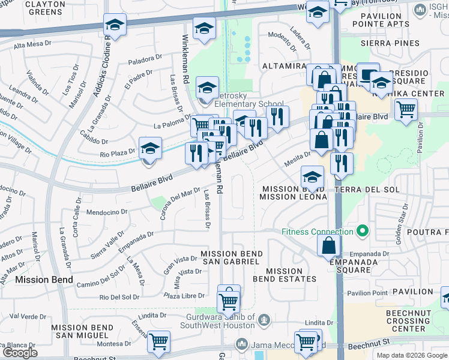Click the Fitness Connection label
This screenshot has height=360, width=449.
(x=318, y=232)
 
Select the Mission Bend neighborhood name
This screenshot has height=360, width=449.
(x=44, y=280)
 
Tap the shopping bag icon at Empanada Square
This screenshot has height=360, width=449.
(x=330, y=245)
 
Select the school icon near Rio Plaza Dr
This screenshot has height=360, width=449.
(x=151, y=148)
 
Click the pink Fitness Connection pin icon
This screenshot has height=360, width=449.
(x=362, y=231)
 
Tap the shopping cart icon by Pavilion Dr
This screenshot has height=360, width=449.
(x=406, y=110)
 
